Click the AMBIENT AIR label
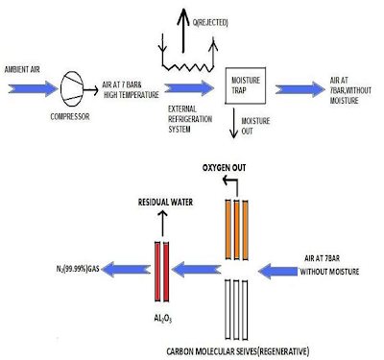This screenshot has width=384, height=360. (x=22, y=69)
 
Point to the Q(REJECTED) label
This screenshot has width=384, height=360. (x=210, y=22)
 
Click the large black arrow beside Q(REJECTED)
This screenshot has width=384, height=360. (x=183, y=30)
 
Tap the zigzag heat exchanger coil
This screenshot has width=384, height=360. (x=188, y=67)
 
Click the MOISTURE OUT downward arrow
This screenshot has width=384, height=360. (x=234, y=123)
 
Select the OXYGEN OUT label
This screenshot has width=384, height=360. (x=224, y=168)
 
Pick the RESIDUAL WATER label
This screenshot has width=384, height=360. (x=165, y=203)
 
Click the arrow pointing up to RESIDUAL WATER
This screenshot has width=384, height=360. (x=162, y=223)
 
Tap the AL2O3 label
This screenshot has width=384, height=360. (x=163, y=319)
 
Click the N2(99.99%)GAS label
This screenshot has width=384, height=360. (x=78, y=269)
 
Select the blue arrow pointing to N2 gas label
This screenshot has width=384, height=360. (x=128, y=270)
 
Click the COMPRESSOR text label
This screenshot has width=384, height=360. (x=70, y=117)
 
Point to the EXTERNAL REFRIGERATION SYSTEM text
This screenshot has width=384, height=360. (x=190, y=119)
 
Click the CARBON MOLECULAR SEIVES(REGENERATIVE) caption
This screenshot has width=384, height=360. (x=238, y=351)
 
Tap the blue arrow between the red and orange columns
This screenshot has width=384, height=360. (x=197, y=269)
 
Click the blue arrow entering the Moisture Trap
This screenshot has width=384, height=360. (x=189, y=88)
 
